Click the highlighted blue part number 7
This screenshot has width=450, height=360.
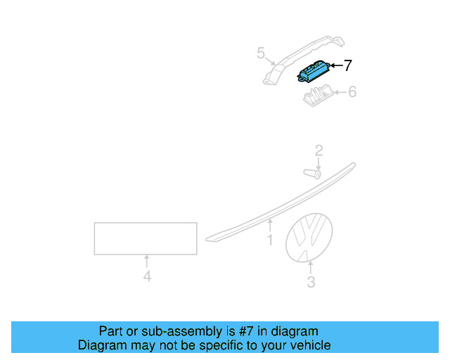314,72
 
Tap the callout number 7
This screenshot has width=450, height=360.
347,65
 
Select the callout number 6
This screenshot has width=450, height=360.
352,91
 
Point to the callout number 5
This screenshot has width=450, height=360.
260,53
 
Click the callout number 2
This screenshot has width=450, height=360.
319,150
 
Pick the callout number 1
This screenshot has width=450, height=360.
269,240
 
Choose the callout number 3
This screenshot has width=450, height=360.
311,283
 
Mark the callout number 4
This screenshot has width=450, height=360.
147,277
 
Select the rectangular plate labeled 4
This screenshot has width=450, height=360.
146,238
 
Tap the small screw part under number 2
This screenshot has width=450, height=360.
313,173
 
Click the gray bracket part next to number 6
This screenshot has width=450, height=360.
318,95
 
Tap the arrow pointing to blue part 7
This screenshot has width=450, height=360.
335,66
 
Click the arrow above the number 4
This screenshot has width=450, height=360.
147,261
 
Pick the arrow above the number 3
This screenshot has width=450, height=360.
311,266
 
